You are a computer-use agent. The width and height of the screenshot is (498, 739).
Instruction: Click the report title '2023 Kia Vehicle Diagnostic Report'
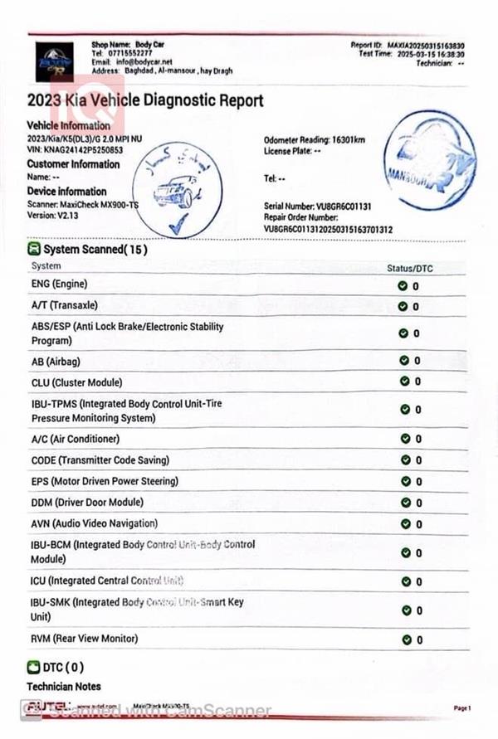coord(145,101)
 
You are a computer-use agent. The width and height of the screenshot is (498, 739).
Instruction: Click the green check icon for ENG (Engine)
coord(403,285)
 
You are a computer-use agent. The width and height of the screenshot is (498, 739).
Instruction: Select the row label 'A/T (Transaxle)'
coord(64,305)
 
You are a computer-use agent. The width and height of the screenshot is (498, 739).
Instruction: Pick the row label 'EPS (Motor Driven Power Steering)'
coord(104,481)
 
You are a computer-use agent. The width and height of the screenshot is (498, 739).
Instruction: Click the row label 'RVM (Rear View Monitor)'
coord(84,639)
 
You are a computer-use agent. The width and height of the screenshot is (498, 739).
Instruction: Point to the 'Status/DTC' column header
coord(410,268)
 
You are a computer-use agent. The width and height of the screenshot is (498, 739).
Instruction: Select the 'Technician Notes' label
coord(64,687)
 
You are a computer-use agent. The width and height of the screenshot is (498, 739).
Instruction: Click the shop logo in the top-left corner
coord(53,60)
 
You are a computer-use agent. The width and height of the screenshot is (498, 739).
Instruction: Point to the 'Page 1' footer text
coord(462,708)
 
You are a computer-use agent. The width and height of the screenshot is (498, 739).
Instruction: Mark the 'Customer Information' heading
coord(73,163)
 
